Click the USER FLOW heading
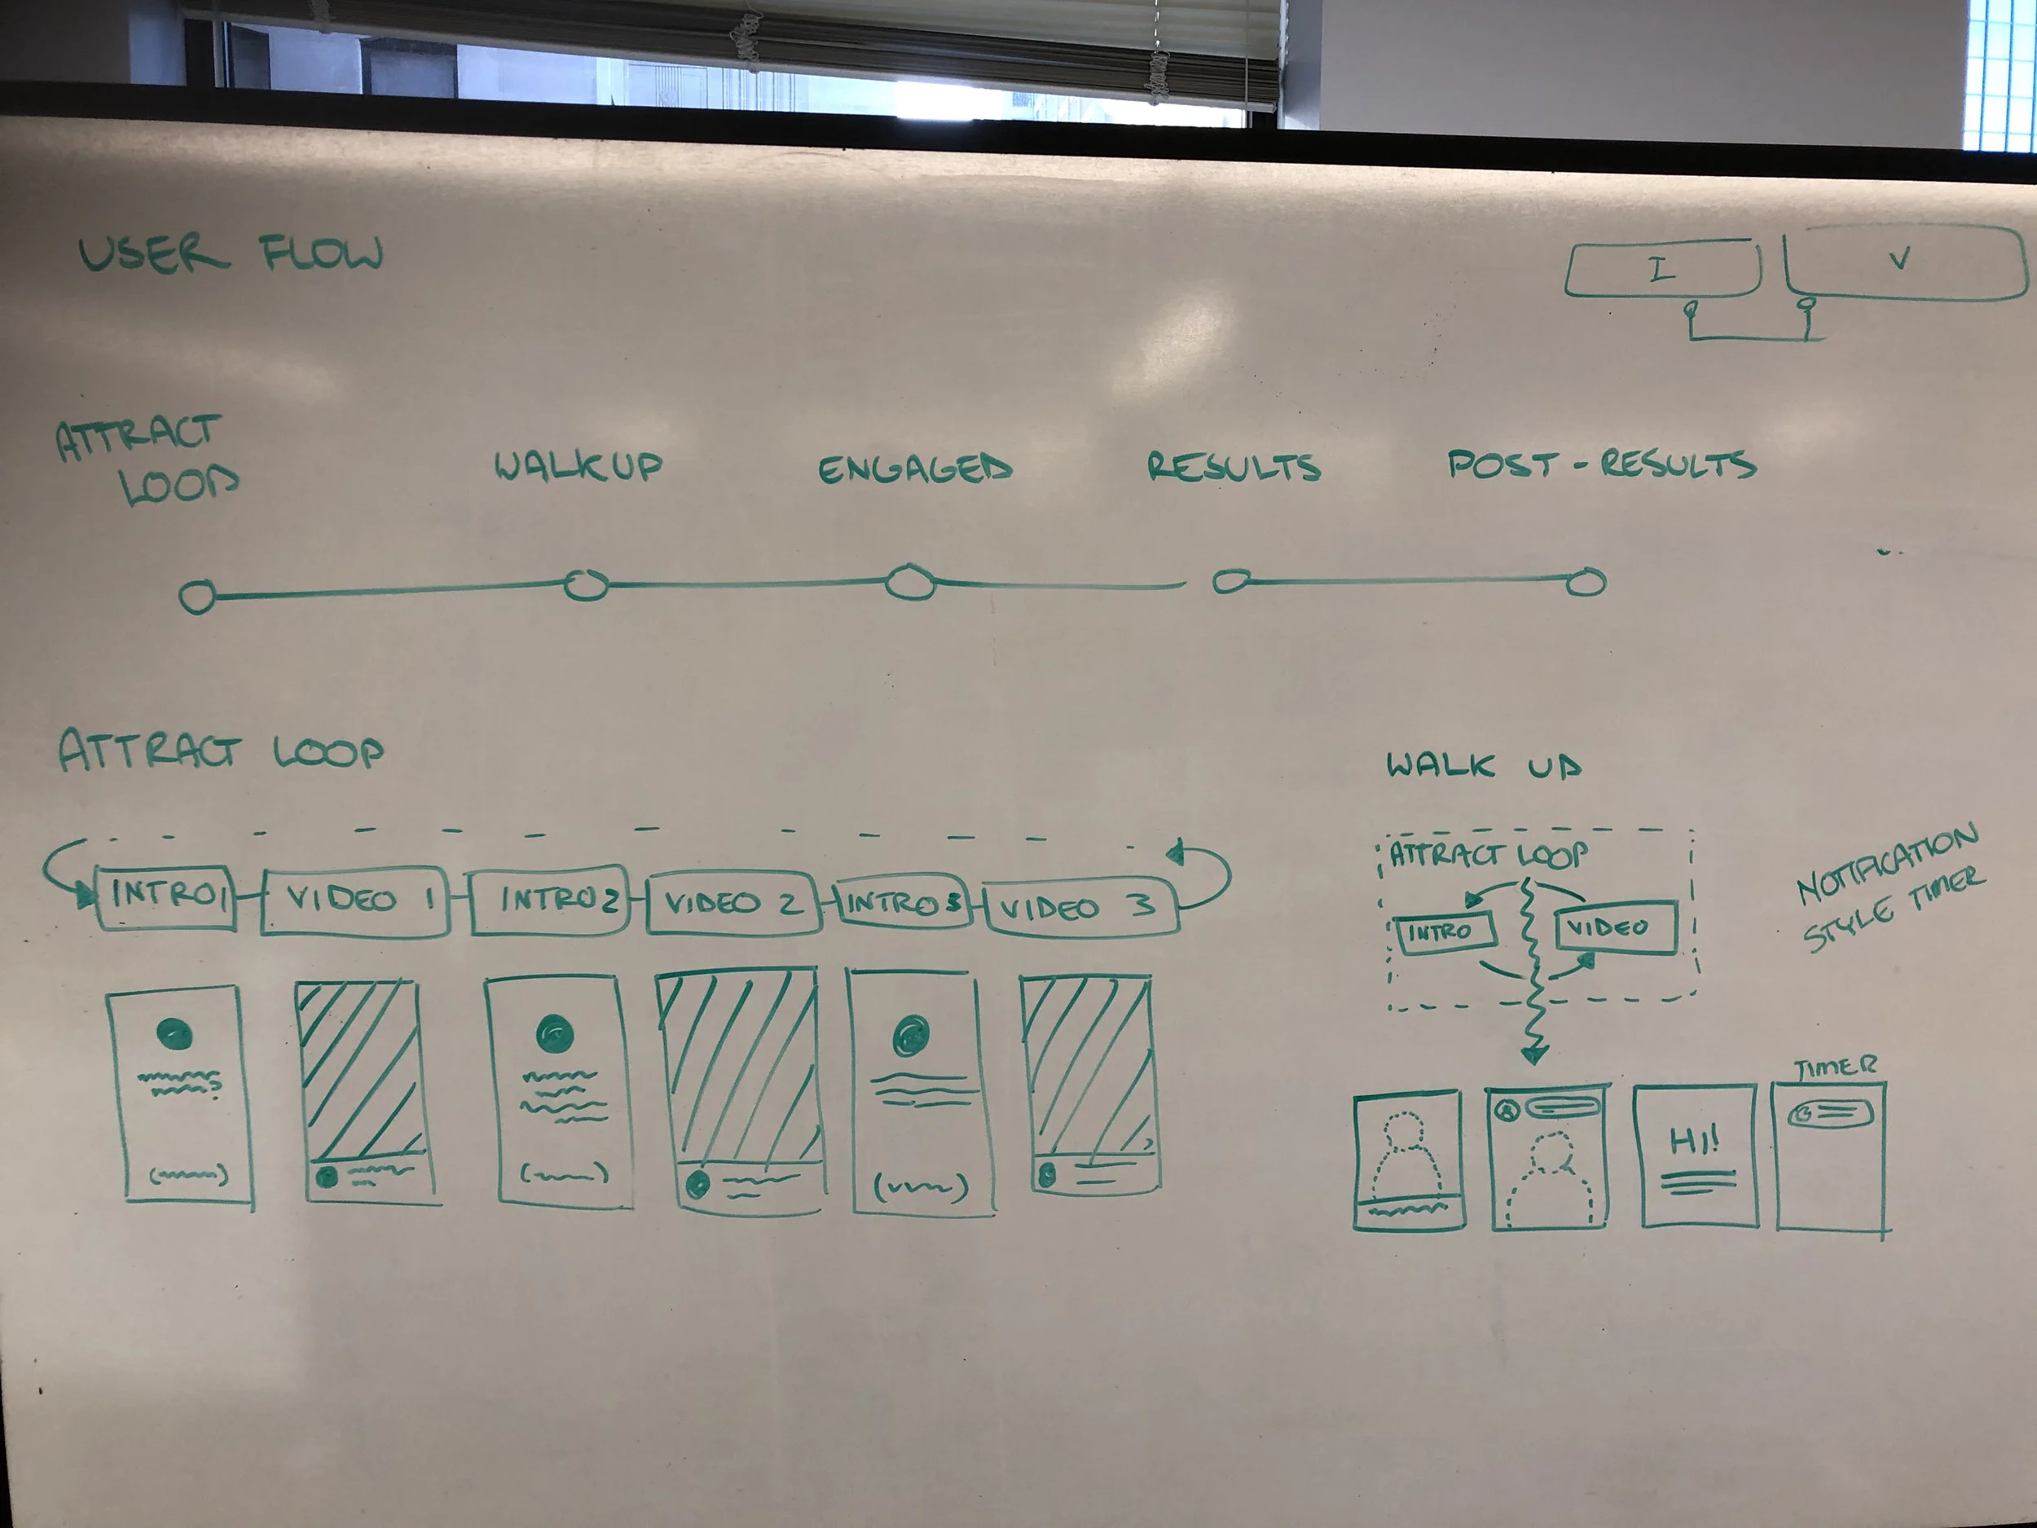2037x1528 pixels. point(231,253)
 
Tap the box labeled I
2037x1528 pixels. point(1661,269)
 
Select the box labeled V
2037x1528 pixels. point(1903,262)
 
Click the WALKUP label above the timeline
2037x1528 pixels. point(579,466)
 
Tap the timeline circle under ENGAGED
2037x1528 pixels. point(910,583)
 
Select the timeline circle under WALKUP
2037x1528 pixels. point(586,585)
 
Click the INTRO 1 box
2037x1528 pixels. point(165,896)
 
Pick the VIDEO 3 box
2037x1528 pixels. point(1080,908)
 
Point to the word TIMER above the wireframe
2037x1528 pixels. point(1834,1068)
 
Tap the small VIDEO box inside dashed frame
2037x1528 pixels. point(1615,927)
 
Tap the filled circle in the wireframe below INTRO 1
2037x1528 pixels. point(175,1033)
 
